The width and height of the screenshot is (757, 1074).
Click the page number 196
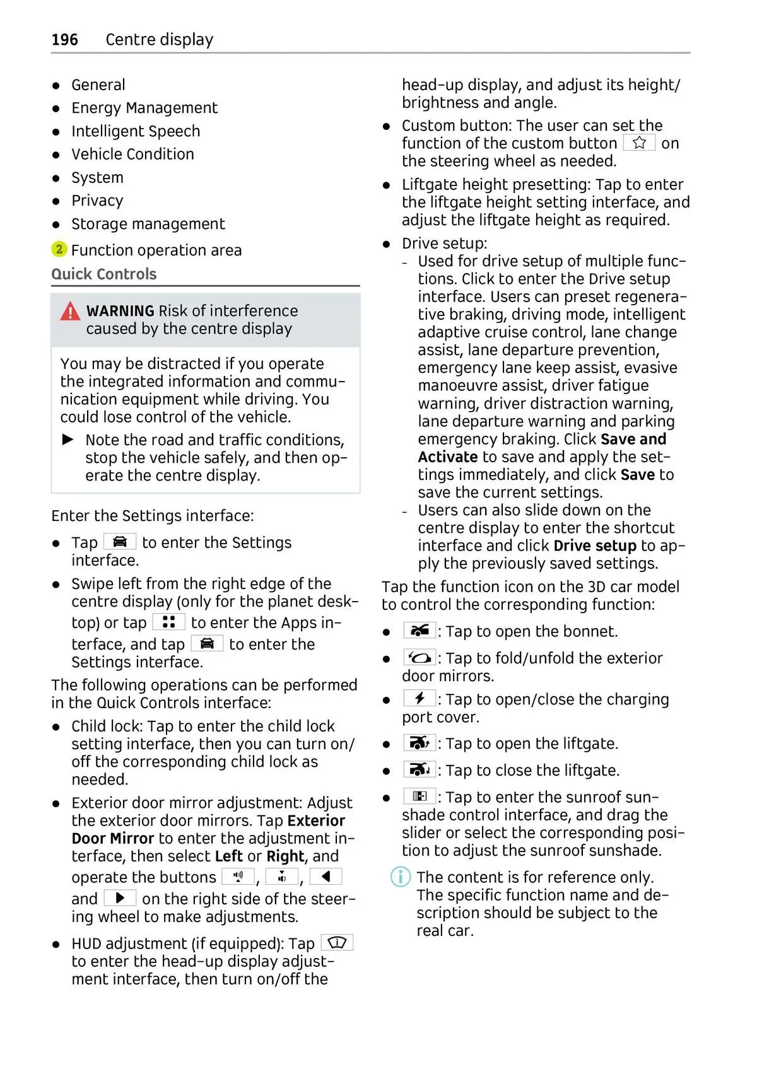(64, 40)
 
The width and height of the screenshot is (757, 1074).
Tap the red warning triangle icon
(70, 312)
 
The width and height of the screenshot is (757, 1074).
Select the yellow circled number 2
(59, 250)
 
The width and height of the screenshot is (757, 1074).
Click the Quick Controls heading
(104, 274)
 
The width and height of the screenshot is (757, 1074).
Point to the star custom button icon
(639, 143)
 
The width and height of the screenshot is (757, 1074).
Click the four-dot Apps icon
(168, 622)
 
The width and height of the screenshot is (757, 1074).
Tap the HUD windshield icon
(337, 943)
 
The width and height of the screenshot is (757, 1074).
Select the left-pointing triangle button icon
(326, 877)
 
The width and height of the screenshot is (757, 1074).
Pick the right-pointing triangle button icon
(120, 898)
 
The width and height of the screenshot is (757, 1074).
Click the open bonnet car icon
(420, 631)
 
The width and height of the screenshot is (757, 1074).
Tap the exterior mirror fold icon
(420, 658)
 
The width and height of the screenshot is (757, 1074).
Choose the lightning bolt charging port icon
(420, 698)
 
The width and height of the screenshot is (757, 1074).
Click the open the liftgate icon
(420, 743)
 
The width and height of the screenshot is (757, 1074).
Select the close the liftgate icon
(420, 769)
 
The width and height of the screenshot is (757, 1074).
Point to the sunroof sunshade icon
(420, 797)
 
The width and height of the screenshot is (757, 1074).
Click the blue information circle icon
(401, 877)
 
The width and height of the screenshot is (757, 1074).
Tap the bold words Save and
(633, 439)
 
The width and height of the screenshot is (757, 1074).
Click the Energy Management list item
(144, 108)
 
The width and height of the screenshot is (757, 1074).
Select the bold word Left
(228, 856)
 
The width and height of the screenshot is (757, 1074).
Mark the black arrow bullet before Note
(68, 440)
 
